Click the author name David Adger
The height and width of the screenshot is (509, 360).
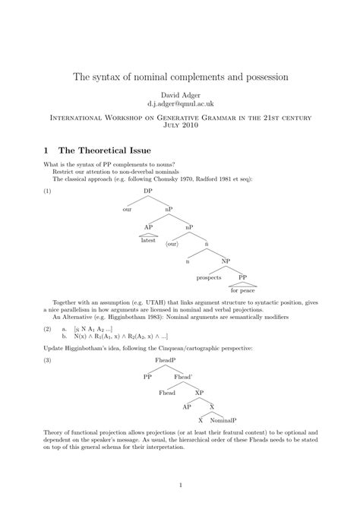(179, 93)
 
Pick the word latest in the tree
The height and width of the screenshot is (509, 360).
(148, 241)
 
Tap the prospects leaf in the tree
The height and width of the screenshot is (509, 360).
(210, 278)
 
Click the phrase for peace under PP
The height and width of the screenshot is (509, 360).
(244, 291)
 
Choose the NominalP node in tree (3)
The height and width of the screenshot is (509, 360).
(223, 420)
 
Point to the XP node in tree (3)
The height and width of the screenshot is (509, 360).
(199, 392)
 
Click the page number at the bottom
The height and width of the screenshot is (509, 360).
(179, 485)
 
